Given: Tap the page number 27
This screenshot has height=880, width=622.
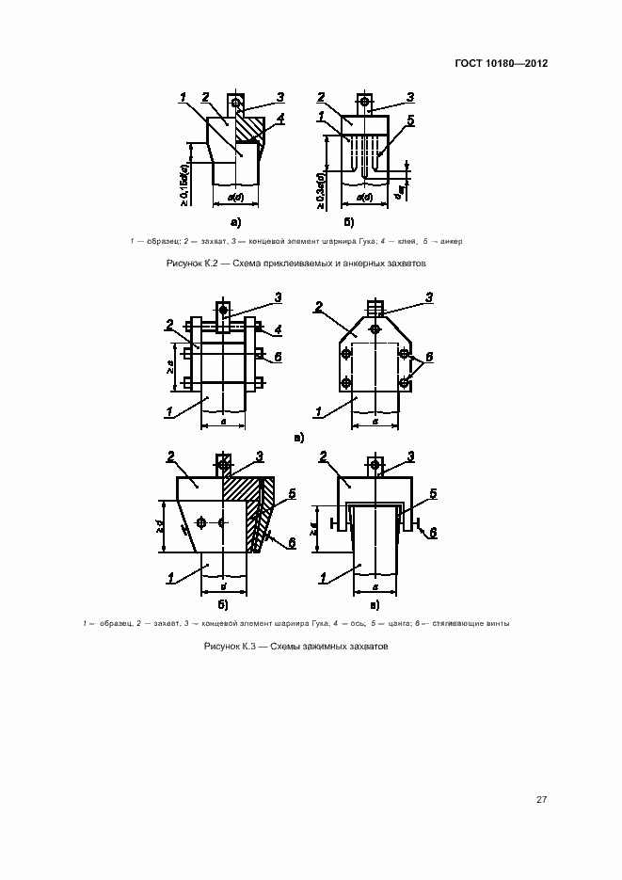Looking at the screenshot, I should point(541,799).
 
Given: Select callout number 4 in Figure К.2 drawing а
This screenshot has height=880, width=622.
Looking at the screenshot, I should point(280,119).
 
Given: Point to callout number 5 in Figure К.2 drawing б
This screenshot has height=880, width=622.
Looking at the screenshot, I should point(410,120).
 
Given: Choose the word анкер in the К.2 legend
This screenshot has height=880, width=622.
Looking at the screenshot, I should point(451,242).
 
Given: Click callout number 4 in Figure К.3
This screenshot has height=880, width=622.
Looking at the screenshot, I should point(280,330).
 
